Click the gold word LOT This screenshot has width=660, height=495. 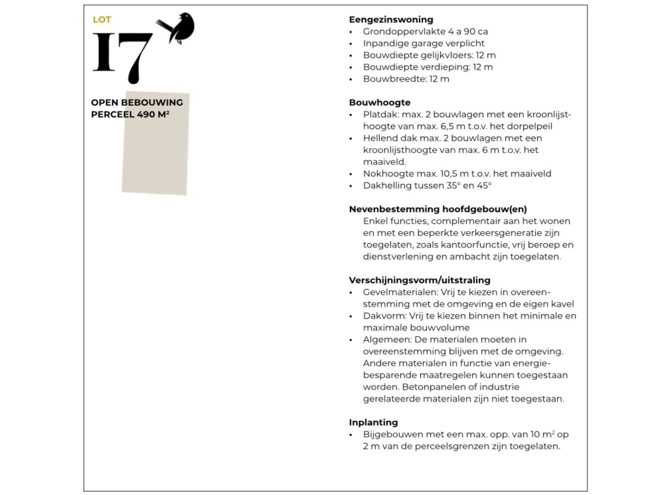(102, 20)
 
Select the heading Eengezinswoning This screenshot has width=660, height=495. (391, 20)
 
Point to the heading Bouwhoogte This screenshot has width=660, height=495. (379, 102)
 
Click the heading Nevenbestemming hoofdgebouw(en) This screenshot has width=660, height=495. (438, 209)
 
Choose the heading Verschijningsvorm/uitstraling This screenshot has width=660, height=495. (419, 280)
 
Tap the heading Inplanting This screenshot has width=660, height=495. (373, 422)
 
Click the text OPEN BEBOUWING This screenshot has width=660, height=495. (137, 102)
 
